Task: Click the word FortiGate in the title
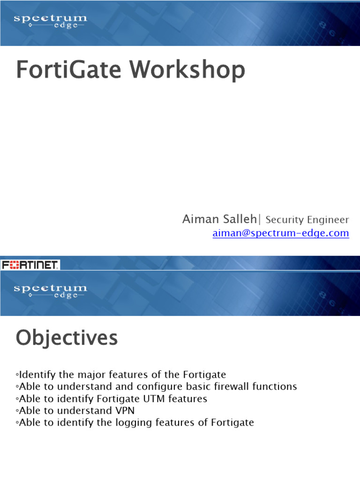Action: [x=68, y=69]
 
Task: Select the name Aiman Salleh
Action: [x=219, y=219]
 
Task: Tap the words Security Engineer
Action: [x=307, y=219]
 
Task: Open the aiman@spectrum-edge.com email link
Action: [x=281, y=233]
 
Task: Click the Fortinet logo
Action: [x=30, y=265]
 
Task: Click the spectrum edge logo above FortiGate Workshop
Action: [x=50, y=21]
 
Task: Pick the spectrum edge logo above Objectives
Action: [x=50, y=291]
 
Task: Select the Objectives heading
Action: [x=67, y=338]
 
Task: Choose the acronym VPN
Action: [x=125, y=411]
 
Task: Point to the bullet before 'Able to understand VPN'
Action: [x=17, y=411]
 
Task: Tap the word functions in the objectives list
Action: [x=275, y=386]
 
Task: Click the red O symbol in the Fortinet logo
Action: [x=14, y=265]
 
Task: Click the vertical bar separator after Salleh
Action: [x=260, y=219]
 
